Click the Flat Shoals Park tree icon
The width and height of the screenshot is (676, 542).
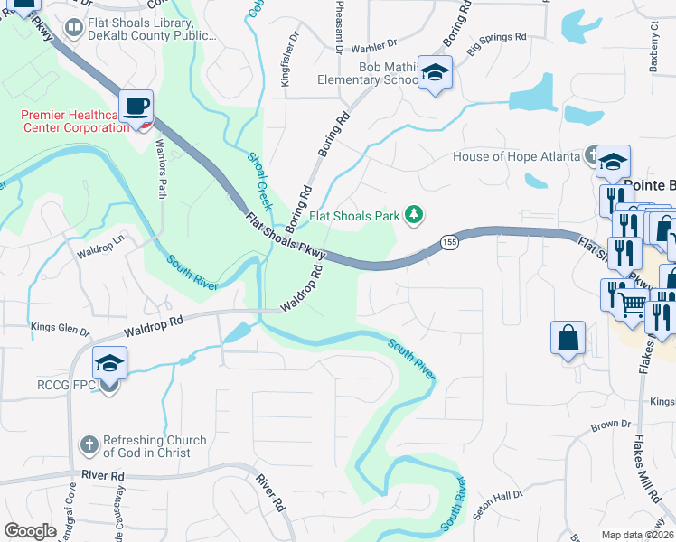point(414,215)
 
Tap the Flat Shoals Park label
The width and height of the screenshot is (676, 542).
point(355,217)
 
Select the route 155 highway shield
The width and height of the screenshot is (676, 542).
point(448,242)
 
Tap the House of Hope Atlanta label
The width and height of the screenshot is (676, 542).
point(516,156)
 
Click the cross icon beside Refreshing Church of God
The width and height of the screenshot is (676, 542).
point(89,444)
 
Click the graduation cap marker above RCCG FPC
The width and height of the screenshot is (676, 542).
point(109,364)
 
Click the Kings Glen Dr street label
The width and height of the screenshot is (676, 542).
point(61,327)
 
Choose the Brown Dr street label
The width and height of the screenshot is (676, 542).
point(611,424)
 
